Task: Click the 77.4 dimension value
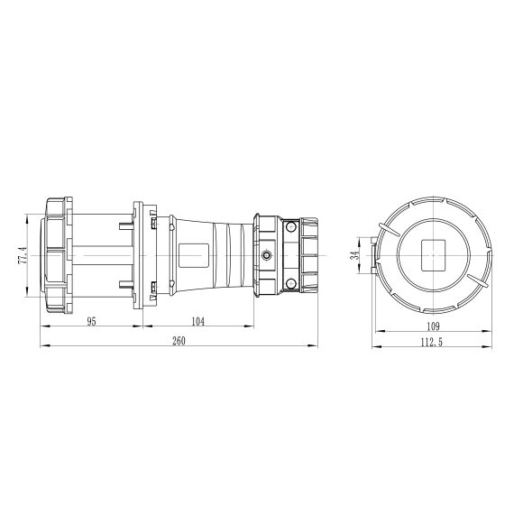point(23,256)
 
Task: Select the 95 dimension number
point(92,322)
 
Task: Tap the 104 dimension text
point(197,322)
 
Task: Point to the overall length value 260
point(179,341)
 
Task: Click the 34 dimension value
point(354,255)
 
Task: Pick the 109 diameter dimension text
point(434,326)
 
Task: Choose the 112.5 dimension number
point(432,343)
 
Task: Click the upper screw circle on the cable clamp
point(290,226)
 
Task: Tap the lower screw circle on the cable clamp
point(290,284)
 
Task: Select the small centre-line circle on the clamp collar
point(267,255)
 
